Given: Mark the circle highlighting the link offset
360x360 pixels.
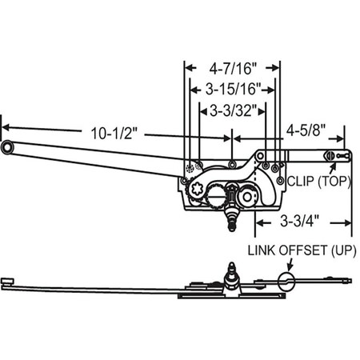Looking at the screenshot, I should point(286,279).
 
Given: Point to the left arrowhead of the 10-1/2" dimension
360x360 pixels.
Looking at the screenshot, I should point(4,126).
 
